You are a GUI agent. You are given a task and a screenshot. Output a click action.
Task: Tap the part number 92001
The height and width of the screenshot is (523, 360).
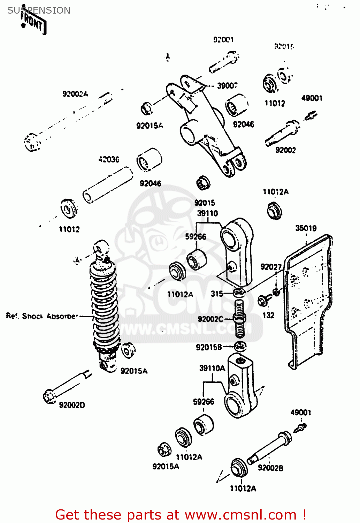pyautogui.click(x=223, y=40)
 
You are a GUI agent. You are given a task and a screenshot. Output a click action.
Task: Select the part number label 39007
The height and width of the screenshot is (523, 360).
pyautogui.click(x=227, y=86)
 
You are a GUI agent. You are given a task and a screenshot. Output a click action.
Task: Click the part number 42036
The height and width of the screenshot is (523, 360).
pyautogui.click(x=109, y=159)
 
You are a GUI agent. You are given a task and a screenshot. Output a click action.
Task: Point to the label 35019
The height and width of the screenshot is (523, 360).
pyautogui.click(x=306, y=228)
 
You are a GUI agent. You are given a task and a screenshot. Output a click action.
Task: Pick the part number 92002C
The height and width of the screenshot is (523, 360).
pyautogui.click(x=210, y=319)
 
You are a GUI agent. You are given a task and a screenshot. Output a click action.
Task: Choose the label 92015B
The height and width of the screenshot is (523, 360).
pyautogui.click(x=209, y=347)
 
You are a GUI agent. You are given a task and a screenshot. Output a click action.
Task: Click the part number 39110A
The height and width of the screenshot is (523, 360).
pyautogui.click(x=212, y=368)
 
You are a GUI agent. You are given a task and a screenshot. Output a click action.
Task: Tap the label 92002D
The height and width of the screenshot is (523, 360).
pyautogui.click(x=72, y=405)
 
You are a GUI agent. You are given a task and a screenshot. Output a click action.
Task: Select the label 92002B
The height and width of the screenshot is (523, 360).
pyautogui.click(x=270, y=468)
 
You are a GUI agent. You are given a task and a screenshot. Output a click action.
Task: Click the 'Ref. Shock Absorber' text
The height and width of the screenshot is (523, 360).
pyautogui.click(x=42, y=316)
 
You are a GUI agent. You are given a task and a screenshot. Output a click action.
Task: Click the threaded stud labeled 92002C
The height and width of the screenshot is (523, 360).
pyautogui.click(x=239, y=319)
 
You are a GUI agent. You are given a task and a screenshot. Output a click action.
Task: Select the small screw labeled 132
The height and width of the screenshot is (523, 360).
pyautogui.click(x=263, y=300)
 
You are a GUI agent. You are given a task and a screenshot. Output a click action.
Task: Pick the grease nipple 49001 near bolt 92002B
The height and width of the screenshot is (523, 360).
pyautogui.click(x=300, y=427)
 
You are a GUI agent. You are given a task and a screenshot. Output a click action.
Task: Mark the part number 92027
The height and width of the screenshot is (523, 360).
pyautogui.click(x=271, y=267)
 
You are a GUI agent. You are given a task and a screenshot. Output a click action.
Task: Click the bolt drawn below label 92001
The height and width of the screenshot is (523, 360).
pyautogui.click(x=224, y=62)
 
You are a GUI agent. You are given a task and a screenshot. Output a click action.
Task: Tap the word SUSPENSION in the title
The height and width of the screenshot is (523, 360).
pyautogui.click(x=39, y=10)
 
